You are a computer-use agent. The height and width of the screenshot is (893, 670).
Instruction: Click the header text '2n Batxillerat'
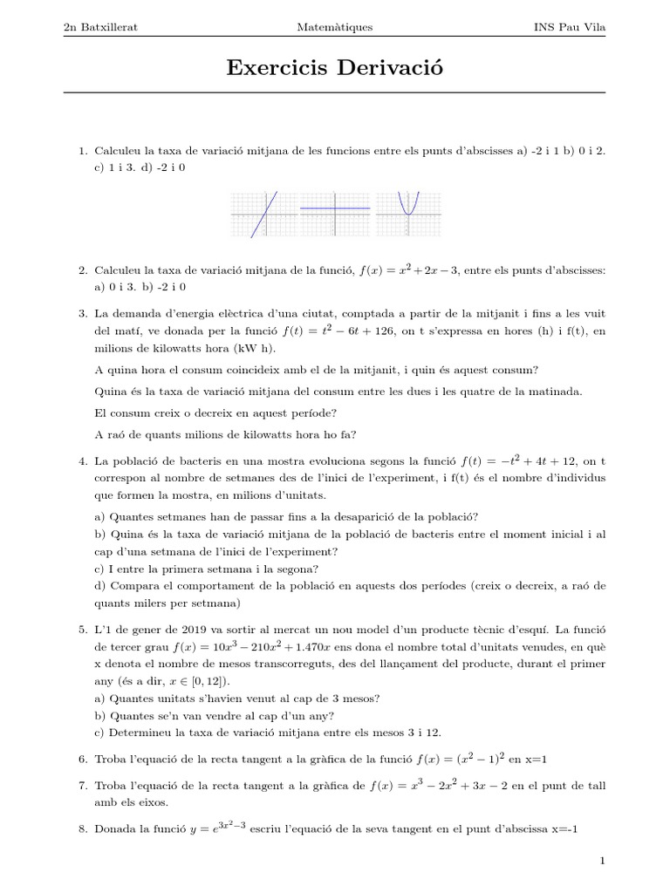[x=101, y=27]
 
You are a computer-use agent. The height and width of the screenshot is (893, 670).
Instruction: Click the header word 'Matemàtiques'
[x=335, y=27]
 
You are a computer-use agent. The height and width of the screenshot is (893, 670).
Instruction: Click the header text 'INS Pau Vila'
[x=569, y=27]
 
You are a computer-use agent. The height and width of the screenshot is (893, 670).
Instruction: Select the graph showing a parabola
[x=407, y=215]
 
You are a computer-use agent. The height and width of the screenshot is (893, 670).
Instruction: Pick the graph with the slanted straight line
[x=264, y=215]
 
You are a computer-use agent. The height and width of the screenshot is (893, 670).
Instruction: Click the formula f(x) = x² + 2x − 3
[x=409, y=270]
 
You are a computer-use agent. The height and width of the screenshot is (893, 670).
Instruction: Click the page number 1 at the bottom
[x=602, y=862]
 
